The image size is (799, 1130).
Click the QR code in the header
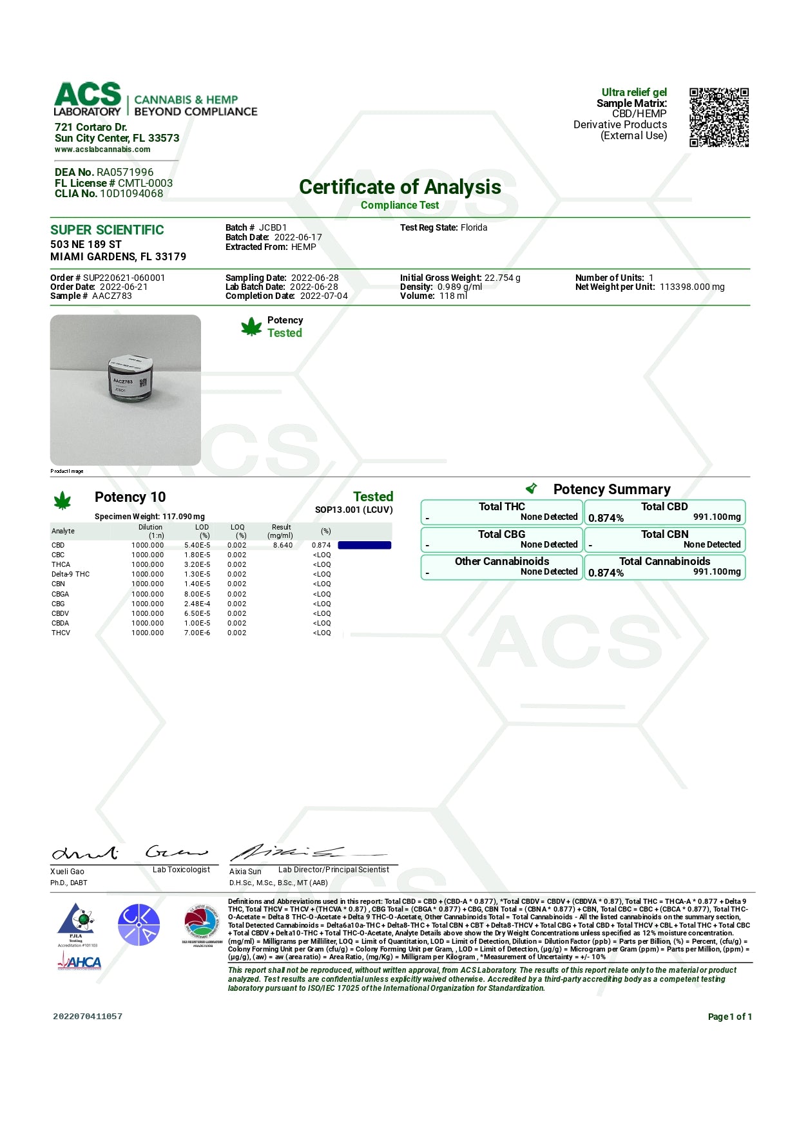(718, 117)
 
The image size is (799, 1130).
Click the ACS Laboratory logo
(88, 99)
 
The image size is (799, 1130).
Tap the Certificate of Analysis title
(400, 187)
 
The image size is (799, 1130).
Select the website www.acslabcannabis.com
(102, 149)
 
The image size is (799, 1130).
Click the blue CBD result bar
(364, 545)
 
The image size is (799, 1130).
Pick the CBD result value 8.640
(282, 545)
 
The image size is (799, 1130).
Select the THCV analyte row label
(61, 633)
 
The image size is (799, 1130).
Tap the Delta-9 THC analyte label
(70, 574)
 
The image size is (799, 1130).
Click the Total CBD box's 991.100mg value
(717, 517)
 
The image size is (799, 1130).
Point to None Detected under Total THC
(549, 517)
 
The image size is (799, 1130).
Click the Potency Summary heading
(611, 490)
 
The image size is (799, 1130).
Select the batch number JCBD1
(273, 227)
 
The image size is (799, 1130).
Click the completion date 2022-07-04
(323, 296)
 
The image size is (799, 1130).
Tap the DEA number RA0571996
(125, 172)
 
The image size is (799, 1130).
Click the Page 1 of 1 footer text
(729, 1017)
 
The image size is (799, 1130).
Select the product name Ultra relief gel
(634, 92)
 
